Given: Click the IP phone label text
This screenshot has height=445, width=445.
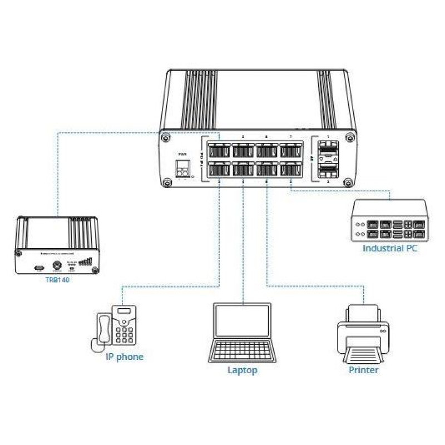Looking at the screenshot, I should tap(124, 357).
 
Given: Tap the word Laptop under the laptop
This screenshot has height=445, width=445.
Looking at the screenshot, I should tap(243, 369).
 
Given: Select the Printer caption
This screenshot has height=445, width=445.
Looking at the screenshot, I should tap(363, 369).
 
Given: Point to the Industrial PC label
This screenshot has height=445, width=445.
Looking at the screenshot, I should tap(390, 248).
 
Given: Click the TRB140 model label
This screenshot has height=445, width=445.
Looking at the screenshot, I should tap(58, 280).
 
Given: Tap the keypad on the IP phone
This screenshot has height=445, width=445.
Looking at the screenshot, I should tap(124, 335).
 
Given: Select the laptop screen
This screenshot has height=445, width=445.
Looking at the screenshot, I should tap(243, 321).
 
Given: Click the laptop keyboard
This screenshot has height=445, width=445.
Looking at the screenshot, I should tap(243, 350).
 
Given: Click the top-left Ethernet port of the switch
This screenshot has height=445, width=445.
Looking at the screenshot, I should tap(219, 150).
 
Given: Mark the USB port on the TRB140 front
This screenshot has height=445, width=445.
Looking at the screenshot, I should tap(38, 268).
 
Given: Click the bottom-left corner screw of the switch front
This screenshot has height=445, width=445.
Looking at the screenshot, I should tap(165, 181).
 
